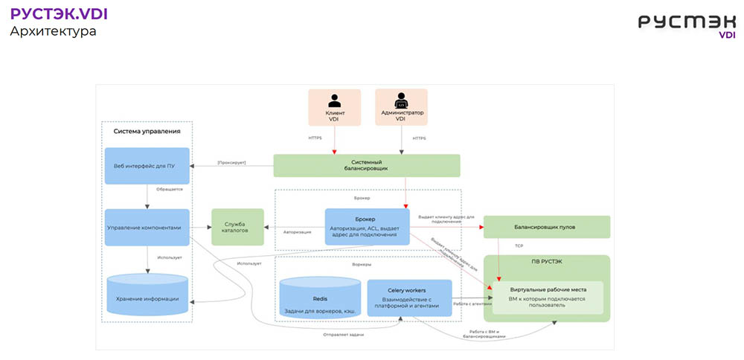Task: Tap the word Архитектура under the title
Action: point(53,32)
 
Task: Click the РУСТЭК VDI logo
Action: point(686,24)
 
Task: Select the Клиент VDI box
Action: point(335,108)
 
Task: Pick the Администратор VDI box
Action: point(401,108)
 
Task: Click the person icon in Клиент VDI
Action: point(335,100)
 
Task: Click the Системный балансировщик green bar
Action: point(367,165)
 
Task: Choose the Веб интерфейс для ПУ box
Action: point(147,165)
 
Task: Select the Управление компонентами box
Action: point(147,227)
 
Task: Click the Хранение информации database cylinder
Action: point(147,298)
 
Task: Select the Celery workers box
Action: point(409,298)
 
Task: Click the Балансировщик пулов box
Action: point(546,227)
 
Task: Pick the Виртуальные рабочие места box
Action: point(547,298)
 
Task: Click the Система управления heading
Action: point(147,132)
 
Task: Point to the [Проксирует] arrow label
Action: point(231,162)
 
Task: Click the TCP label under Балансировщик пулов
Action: point(519,245)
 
